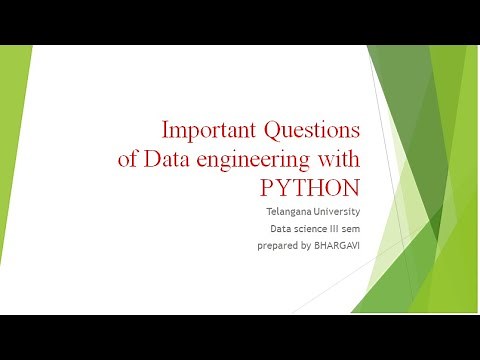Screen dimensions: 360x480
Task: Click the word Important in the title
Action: [x=207, y=130]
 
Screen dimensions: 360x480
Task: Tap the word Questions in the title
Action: [x=311, y=130]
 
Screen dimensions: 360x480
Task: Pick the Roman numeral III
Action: [x=331, y=228]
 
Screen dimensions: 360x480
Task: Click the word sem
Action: [x=351, y=228]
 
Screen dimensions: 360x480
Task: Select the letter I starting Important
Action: [x=166, y=130]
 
